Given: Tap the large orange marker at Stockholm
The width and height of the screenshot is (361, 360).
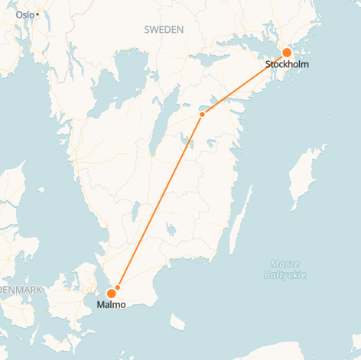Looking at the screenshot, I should [x=287, y=53].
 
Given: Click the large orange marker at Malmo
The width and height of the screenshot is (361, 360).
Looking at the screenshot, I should [x=111, y=293].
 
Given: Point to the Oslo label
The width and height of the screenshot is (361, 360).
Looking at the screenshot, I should [x=25, y=15].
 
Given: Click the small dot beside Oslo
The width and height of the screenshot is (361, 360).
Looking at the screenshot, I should [x=37, y=15].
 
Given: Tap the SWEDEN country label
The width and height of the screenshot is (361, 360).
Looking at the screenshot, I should [x=163, y=29].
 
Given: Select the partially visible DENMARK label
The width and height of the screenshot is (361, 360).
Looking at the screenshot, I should [x=21, y=290].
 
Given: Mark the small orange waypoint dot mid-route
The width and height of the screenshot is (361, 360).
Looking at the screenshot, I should [x=202, y=115].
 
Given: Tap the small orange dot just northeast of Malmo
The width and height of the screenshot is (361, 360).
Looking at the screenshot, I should [x=118, y=287].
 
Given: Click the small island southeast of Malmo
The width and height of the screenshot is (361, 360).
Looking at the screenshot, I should [x=178, y=322].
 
